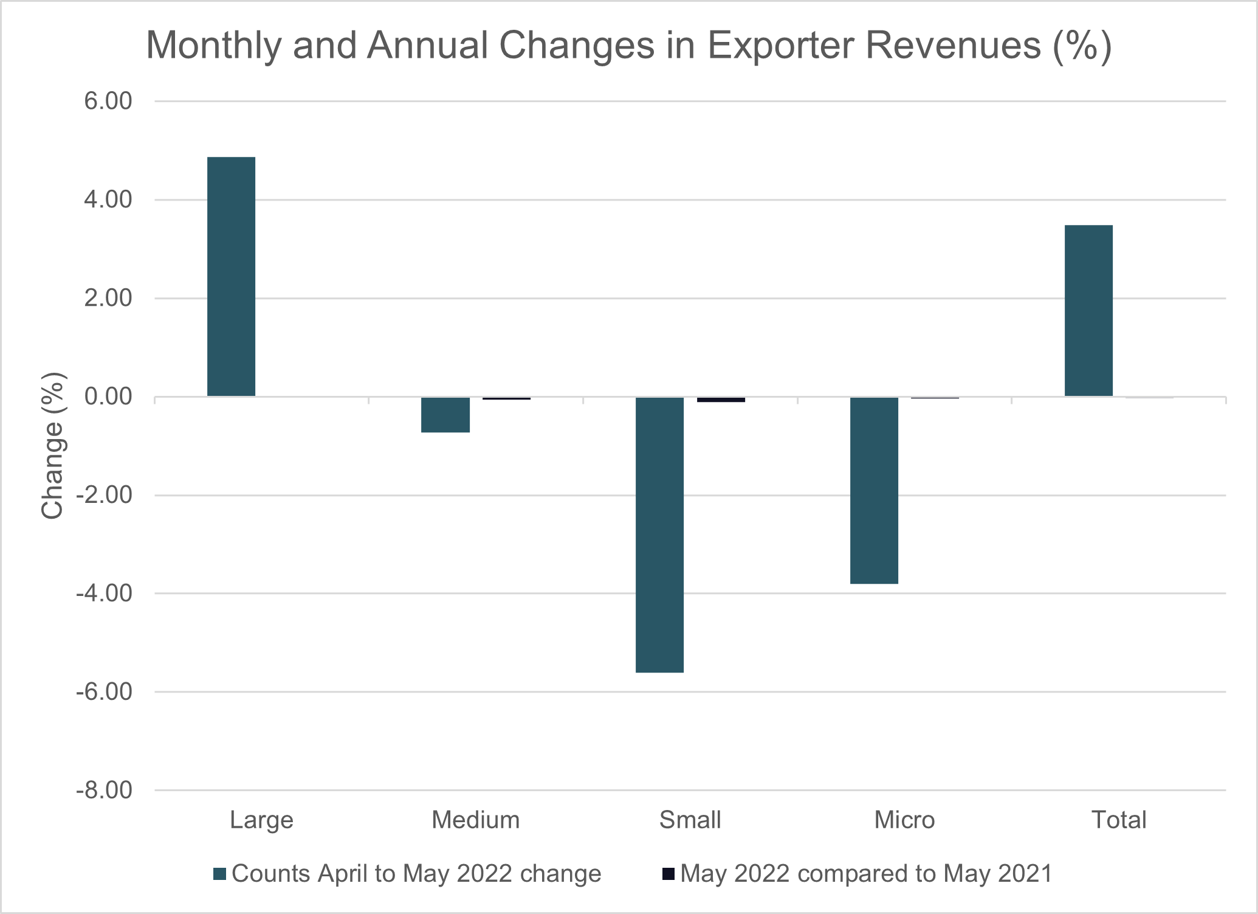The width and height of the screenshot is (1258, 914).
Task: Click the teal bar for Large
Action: (231, 277)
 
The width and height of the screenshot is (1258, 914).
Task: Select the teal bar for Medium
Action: (445, 415)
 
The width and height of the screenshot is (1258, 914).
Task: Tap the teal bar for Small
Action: (659, 535)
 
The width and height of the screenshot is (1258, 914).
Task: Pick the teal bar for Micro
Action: (874, 490)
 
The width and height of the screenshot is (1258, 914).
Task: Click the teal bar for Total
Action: (1088, 311)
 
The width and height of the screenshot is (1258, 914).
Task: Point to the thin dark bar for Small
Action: (721, 400)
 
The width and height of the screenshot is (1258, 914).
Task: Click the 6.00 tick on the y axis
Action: (108, 101)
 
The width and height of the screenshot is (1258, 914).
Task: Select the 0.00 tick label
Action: (108, 396)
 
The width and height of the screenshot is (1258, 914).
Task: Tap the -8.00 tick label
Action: (104, 791)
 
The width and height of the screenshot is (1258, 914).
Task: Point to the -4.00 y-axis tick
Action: (104, 594)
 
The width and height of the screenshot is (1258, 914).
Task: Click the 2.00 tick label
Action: (108, 298)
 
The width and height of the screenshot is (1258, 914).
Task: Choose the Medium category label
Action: (475, 820)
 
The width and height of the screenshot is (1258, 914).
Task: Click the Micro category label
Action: (904, 820)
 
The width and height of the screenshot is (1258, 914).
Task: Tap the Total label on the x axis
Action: (1118, 820)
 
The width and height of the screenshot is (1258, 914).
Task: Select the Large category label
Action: (261, 820)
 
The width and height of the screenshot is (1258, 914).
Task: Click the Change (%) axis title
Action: (53, 446)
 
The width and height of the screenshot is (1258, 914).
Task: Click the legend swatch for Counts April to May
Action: (220, 874)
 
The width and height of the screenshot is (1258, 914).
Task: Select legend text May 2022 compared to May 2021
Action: (866, 874)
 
